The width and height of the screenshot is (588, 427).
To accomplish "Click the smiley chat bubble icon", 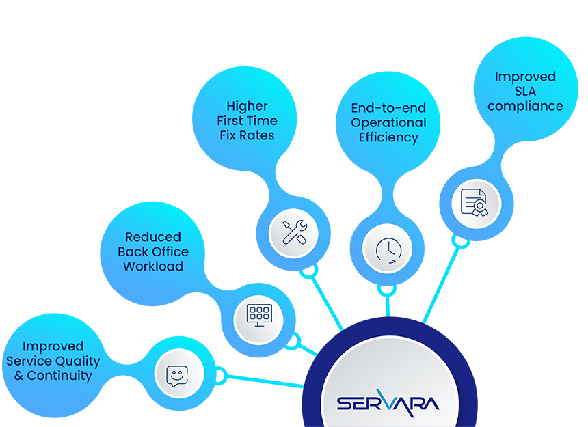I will tap(179, 374).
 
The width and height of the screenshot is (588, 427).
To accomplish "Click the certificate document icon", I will tap(477, 203).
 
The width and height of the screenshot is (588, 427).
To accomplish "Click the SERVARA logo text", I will tap(388, 401).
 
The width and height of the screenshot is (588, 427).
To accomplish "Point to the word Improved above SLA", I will tap(525, 77).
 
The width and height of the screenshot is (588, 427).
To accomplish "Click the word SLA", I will tap(525, 92).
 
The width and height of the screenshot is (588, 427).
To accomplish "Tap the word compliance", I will tap(525, 107).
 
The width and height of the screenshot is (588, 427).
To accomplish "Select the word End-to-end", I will tap(388, 108).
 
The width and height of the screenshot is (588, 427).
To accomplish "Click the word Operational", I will tap(388, 123).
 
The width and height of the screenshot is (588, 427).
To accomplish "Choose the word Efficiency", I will tap(388, 137).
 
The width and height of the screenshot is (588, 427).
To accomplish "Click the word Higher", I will tap(247, 106).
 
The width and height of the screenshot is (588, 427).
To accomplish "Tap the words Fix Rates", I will tap(247, 135).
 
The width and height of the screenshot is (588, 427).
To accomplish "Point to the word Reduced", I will tap(153, 237).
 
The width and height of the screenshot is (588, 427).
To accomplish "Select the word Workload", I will tap(153, 266).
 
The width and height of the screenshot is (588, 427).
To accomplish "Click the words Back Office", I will tap(153, 251).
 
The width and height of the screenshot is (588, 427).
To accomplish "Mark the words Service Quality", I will tap(53, 361).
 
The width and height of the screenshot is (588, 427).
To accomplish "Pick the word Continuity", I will tap(59, 376).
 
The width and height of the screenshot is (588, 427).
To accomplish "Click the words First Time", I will tap(247, 121).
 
